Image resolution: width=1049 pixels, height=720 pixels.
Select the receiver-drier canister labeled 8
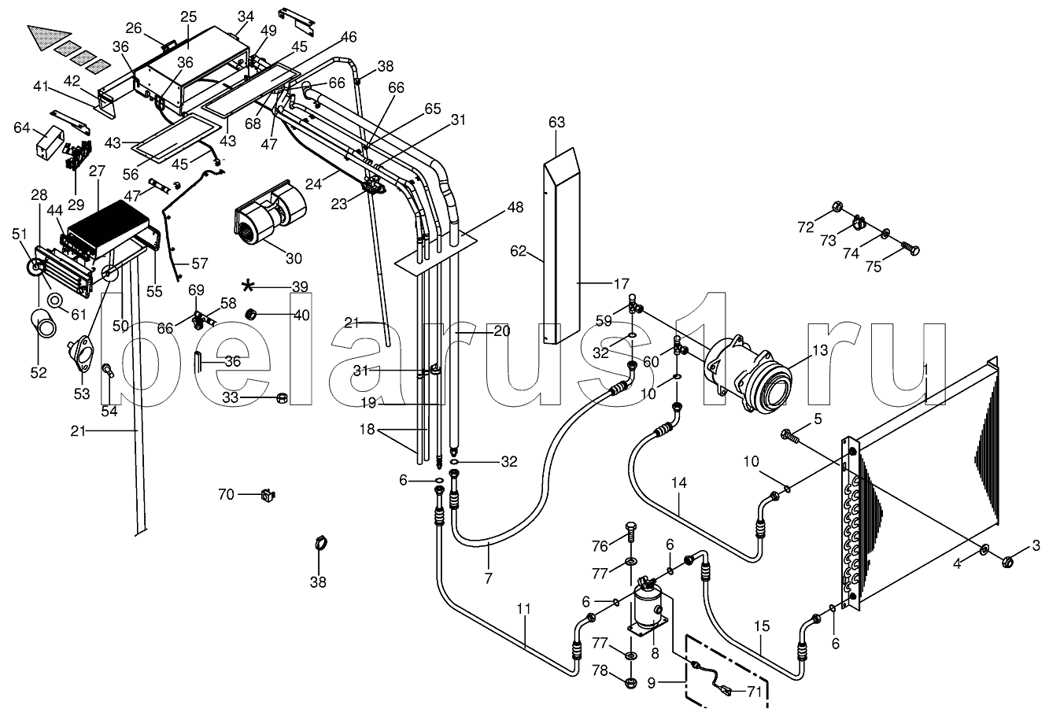[x=651, y=605]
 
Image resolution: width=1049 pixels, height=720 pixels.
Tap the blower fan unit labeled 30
[x=268, y=212]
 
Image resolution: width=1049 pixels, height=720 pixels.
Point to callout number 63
[x=557, y=123]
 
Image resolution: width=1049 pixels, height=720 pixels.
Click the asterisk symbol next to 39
[x=248, y=286]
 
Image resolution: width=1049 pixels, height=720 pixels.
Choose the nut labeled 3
[x=1008, y=561]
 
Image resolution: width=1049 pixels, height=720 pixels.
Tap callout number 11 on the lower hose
[x=524, y=609]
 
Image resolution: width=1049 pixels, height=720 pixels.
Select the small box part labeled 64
[x=50, y=142]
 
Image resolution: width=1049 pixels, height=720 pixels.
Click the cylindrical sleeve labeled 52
[x=43, y=323]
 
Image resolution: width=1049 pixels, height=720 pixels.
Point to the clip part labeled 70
[x=268, y=494]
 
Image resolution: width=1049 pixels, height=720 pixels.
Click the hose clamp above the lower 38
[x=320, y=543]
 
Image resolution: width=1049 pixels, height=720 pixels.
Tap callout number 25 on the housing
[x=188, y=17]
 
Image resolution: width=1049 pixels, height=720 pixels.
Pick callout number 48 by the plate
[x=515, y=207]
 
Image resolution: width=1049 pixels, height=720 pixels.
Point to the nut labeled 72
[x=837, y=206]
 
